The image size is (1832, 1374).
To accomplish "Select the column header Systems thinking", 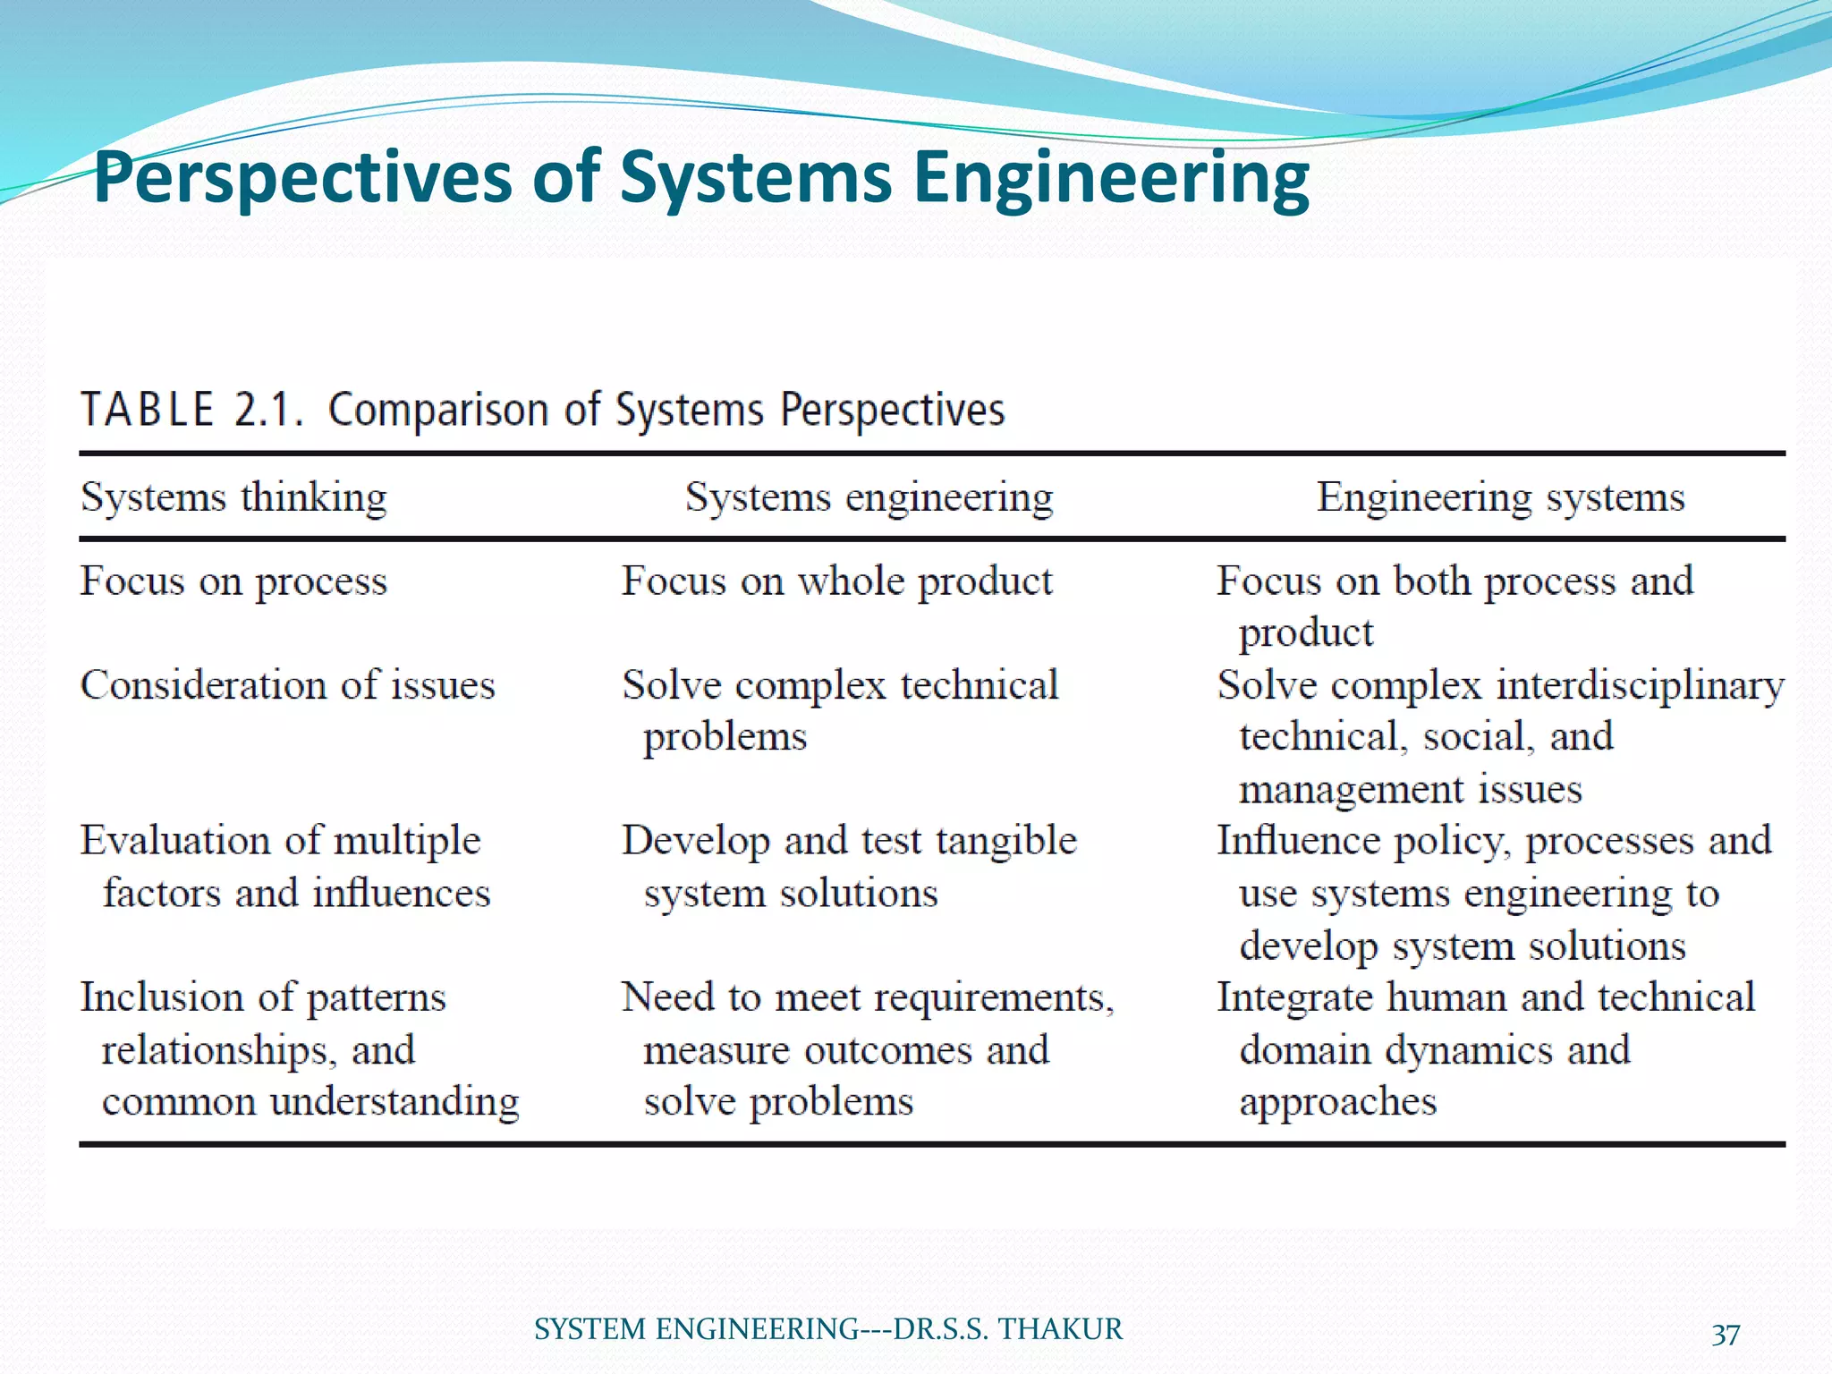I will point(233,497).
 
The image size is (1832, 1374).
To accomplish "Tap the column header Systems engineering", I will point(869,497).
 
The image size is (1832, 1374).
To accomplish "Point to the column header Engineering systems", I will point(1500,497).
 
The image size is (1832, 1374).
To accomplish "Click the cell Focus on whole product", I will point(837,582).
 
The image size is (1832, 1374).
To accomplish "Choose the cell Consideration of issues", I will point(287,686).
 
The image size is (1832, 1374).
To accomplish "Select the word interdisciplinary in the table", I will point(1641,686).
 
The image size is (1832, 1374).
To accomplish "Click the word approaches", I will point(1338,1102).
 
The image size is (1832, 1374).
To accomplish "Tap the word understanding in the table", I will point(394,1102).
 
